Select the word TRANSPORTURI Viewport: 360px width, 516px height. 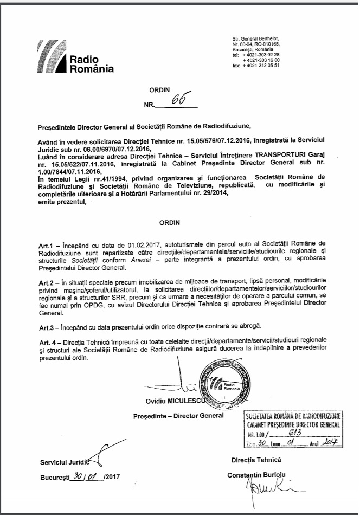point(256,154)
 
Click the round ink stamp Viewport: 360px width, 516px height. point(222,381)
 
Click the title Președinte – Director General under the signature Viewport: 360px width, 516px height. point(178,416)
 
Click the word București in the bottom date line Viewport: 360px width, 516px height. point(55,478)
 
